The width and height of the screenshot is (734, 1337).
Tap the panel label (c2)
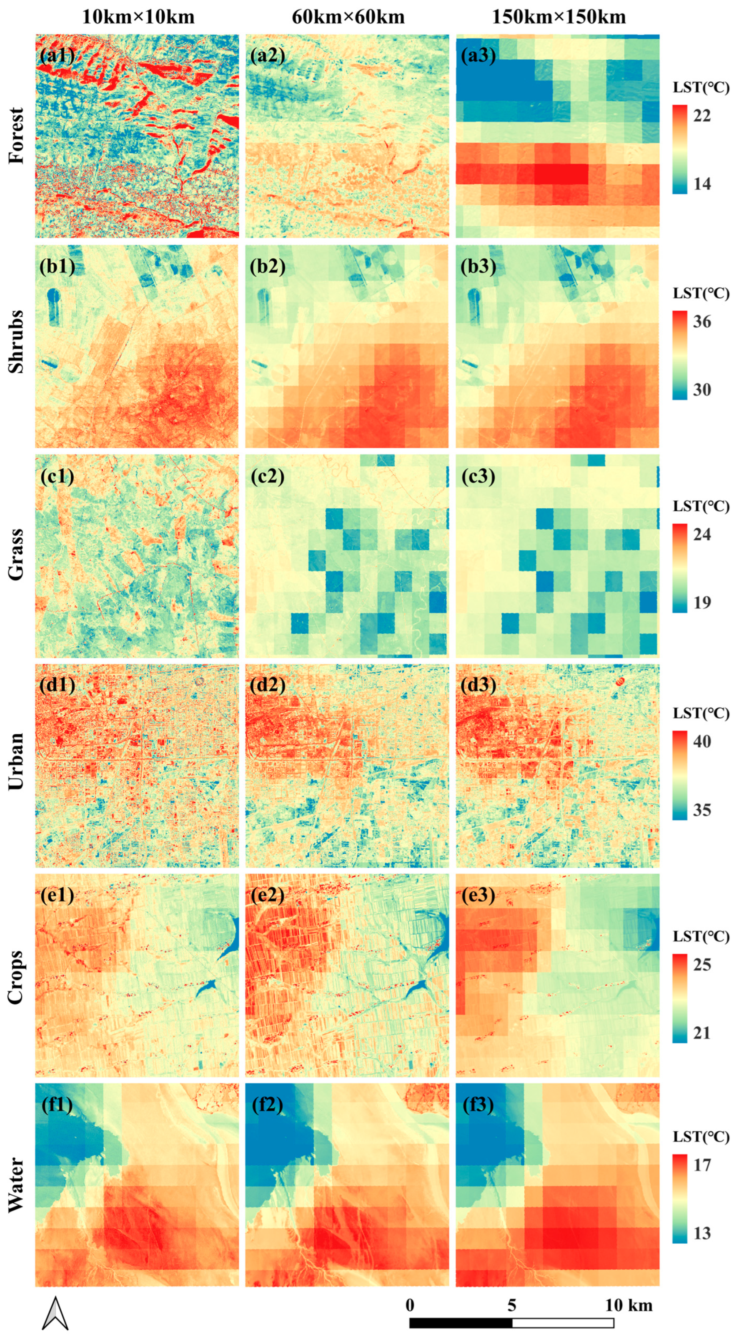pyautogui.click(x=267, y=476)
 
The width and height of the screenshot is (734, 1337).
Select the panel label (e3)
pyautogui.click(x=478, y=895)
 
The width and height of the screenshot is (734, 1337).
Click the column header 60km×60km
pyautogui.click(x=348, y=17)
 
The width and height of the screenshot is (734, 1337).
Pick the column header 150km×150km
pyautogui.click(x=559, y=17)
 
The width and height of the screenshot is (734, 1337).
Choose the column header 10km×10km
pyautogui.click(x=138, y=17)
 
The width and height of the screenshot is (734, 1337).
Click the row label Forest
pyautogui.click(x=17, y=136)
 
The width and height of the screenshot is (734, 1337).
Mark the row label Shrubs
pyautogui.click(x=17, y=342)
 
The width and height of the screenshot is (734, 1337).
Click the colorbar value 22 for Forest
pyautogui.click(x=702, y=115)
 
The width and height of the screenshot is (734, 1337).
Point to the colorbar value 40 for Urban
pyautogui.click(x=702, y=741)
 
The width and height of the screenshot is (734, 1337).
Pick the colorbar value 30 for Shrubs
pyautogui.click(x=702, y=390)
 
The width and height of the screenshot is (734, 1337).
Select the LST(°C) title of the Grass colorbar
pyautogui.click(x=701, y=506)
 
